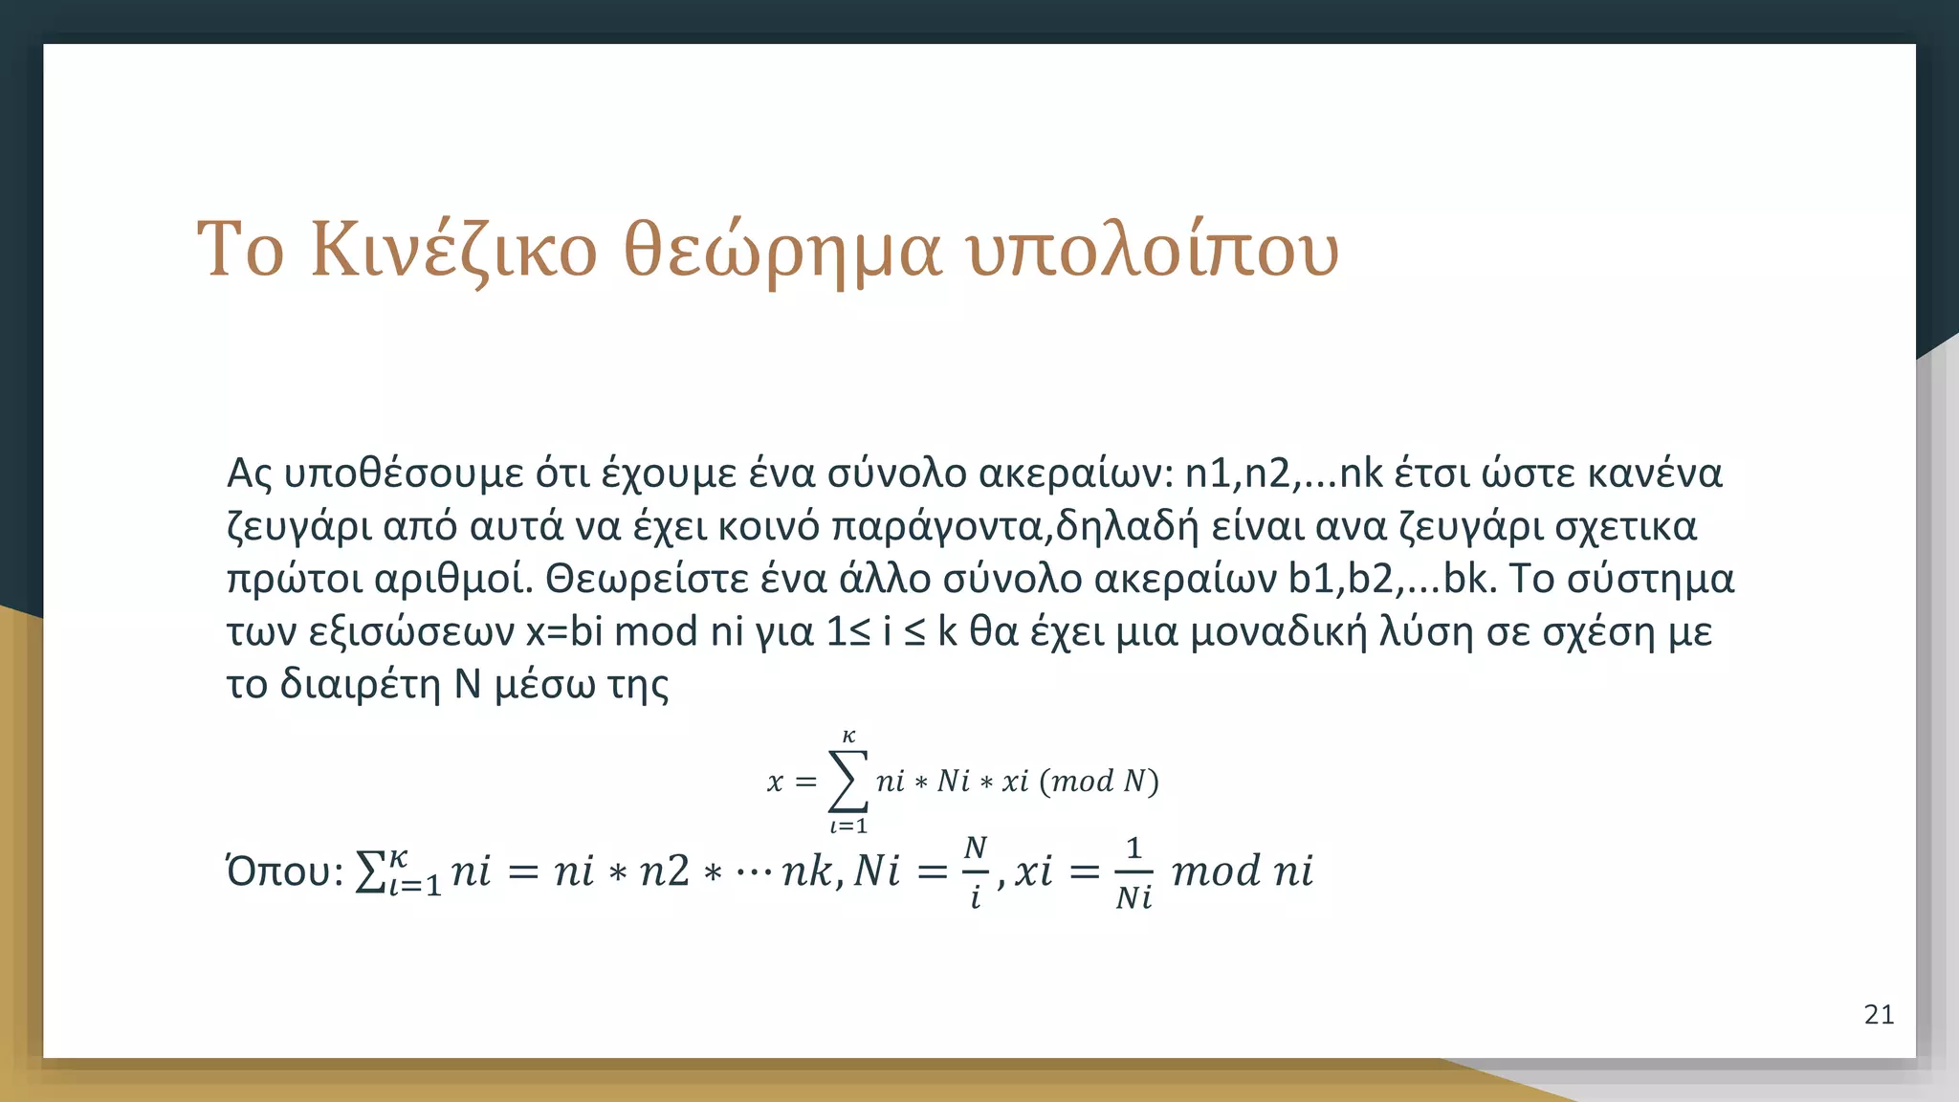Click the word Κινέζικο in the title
click(453, 251)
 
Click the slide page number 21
click(1879, 1015)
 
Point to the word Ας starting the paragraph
click(250, 474)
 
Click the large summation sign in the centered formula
click(847, 781)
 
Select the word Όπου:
click(284, 871)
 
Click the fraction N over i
click(975, 871)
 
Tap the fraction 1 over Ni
click(1134, 871)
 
